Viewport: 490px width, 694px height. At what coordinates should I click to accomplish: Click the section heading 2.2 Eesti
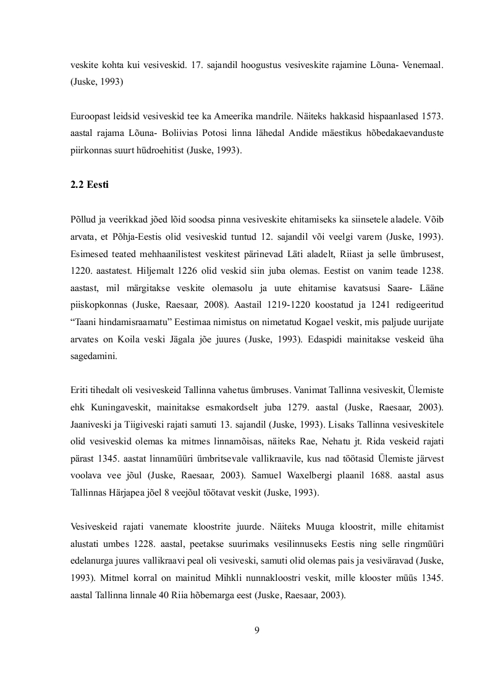pos(88,184)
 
